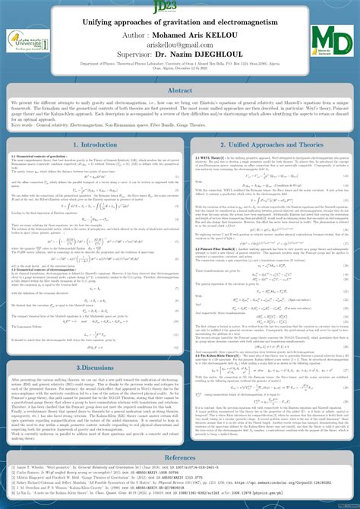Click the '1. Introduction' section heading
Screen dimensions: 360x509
pyautogui.click(x=90, y=144)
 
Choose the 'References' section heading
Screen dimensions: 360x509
pyautogui.click(x=180, y=458)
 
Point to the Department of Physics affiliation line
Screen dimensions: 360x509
pyautogui.click(x=180, y=65)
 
